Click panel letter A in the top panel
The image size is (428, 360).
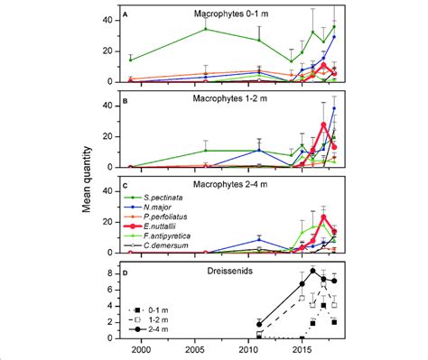(x=127, y=14)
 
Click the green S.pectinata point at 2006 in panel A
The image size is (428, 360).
(x=205, y=29)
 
